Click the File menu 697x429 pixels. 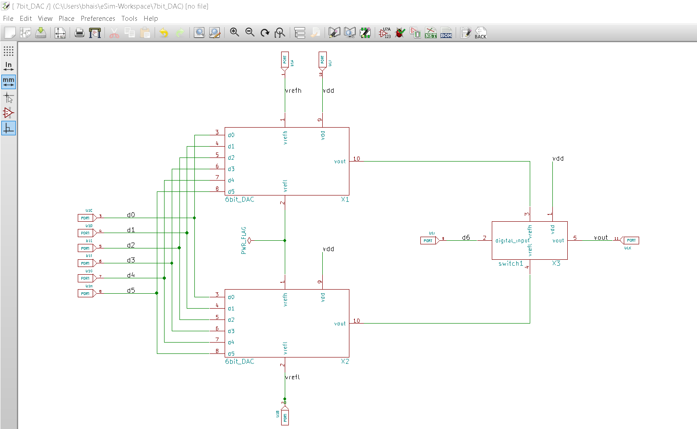pos(8,19)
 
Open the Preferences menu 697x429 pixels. pos(98,19)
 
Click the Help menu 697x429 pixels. pos(151,19)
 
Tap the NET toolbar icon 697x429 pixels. pos(431,33)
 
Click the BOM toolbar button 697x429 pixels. pos(446,33)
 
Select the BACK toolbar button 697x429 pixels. pos(480,33)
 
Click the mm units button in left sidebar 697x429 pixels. pos(9,82)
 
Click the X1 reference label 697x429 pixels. pos(345,200)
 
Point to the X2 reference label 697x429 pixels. pos(345,362)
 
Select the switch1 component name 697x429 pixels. pos(510,264)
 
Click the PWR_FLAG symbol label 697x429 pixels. pos(244,240)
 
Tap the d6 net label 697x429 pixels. pos(466,238)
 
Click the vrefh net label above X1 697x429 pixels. pos(293,91)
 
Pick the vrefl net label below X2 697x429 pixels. pos(292,377)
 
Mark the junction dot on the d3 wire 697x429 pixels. pos(172,263)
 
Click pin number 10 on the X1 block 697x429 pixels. pos(357,158)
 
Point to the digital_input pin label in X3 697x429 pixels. pos(512,241)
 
